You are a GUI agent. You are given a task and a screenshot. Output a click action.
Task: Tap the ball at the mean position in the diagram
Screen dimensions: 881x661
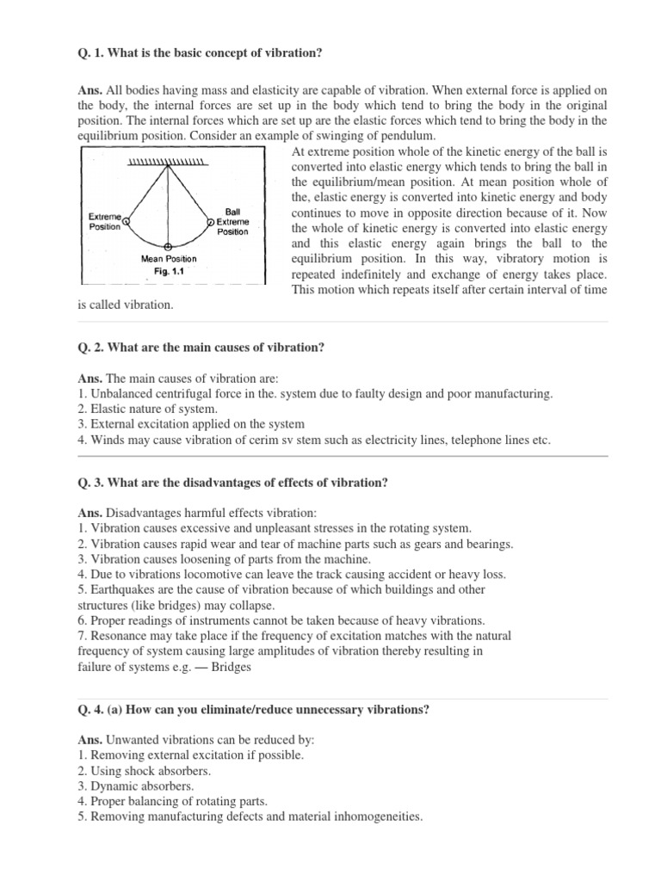pos(168,246)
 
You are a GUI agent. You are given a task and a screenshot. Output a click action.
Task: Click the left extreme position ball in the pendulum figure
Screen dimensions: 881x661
pos(127,220)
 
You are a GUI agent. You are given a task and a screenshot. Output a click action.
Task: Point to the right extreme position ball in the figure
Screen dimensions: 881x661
pos(211,221)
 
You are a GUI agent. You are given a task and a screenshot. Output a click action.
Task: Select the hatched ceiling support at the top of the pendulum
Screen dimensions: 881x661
pos(168,162)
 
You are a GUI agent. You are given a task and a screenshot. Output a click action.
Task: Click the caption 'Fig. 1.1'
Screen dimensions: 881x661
pos(169,270)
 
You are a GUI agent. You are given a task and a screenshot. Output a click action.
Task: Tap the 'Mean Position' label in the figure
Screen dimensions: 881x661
pos(169,258)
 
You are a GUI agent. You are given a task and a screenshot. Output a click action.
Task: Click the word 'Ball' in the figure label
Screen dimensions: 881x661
pos(232,210)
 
